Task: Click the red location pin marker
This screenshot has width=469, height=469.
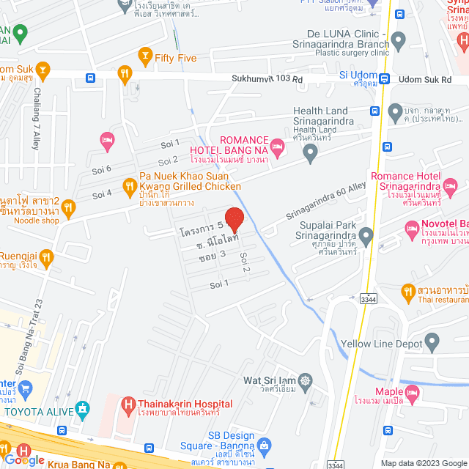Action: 234,220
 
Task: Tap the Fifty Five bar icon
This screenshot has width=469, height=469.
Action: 146,56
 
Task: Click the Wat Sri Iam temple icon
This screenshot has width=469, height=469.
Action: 306,381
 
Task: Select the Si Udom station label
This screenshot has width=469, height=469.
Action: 358,75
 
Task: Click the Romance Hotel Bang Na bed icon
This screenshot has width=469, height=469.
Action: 277,143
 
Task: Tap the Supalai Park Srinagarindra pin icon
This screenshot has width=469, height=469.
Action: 366,234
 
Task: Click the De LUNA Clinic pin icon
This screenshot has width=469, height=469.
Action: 399,40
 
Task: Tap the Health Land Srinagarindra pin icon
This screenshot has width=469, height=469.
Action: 311,154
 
